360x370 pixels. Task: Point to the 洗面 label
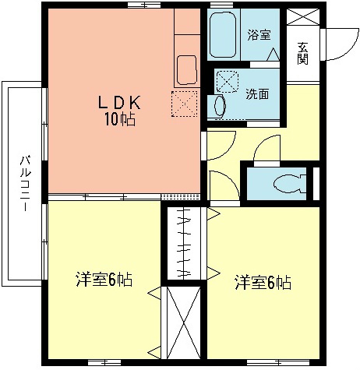click(x=257, y=93)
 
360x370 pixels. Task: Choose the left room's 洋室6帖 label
click(x=102, y=278)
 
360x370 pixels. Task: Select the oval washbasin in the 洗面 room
click(x=220, y=104)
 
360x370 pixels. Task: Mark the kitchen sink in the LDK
click(x=186, y=69)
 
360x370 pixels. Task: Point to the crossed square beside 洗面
click(x=228, y=81)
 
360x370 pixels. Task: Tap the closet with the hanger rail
click(x=185, y=242)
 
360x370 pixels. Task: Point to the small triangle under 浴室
click(x=273, y=55)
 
